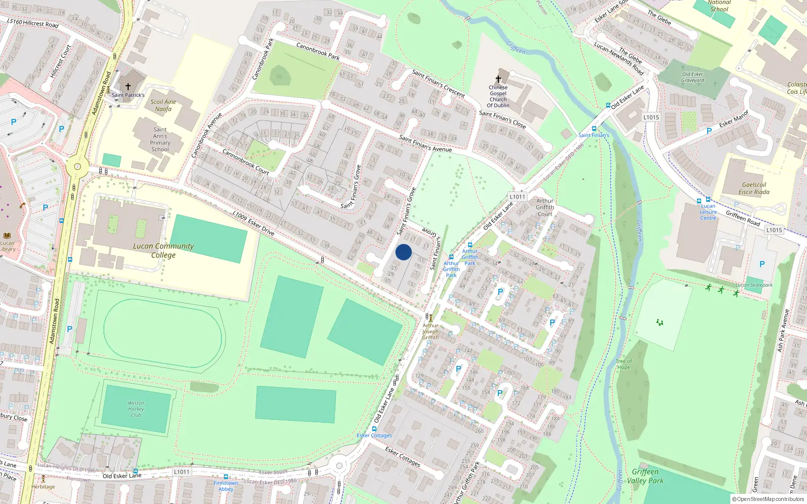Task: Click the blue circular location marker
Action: click(403, 252)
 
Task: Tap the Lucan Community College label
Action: click(163, 250)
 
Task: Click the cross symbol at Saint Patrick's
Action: click(128, 87)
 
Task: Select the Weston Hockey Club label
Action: click(136, 409)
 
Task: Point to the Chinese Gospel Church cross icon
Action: click(498, 79)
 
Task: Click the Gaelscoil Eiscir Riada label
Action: click(754, 188)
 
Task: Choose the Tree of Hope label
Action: click(623, 364)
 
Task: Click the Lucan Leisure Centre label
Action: click(708, 212)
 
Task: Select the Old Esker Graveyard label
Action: click(693, 77)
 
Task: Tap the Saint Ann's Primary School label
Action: click(160, 139)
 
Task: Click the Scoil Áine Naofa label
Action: click(163, 105)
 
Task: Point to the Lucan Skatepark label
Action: click(754, 285)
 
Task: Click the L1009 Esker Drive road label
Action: click(253, 223)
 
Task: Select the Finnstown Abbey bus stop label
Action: click(225, 486)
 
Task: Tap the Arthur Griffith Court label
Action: click(545, 207)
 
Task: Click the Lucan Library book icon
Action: click(7, 235)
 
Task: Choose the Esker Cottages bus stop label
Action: click(374, 435)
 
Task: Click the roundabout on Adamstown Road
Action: click(77, 166)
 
